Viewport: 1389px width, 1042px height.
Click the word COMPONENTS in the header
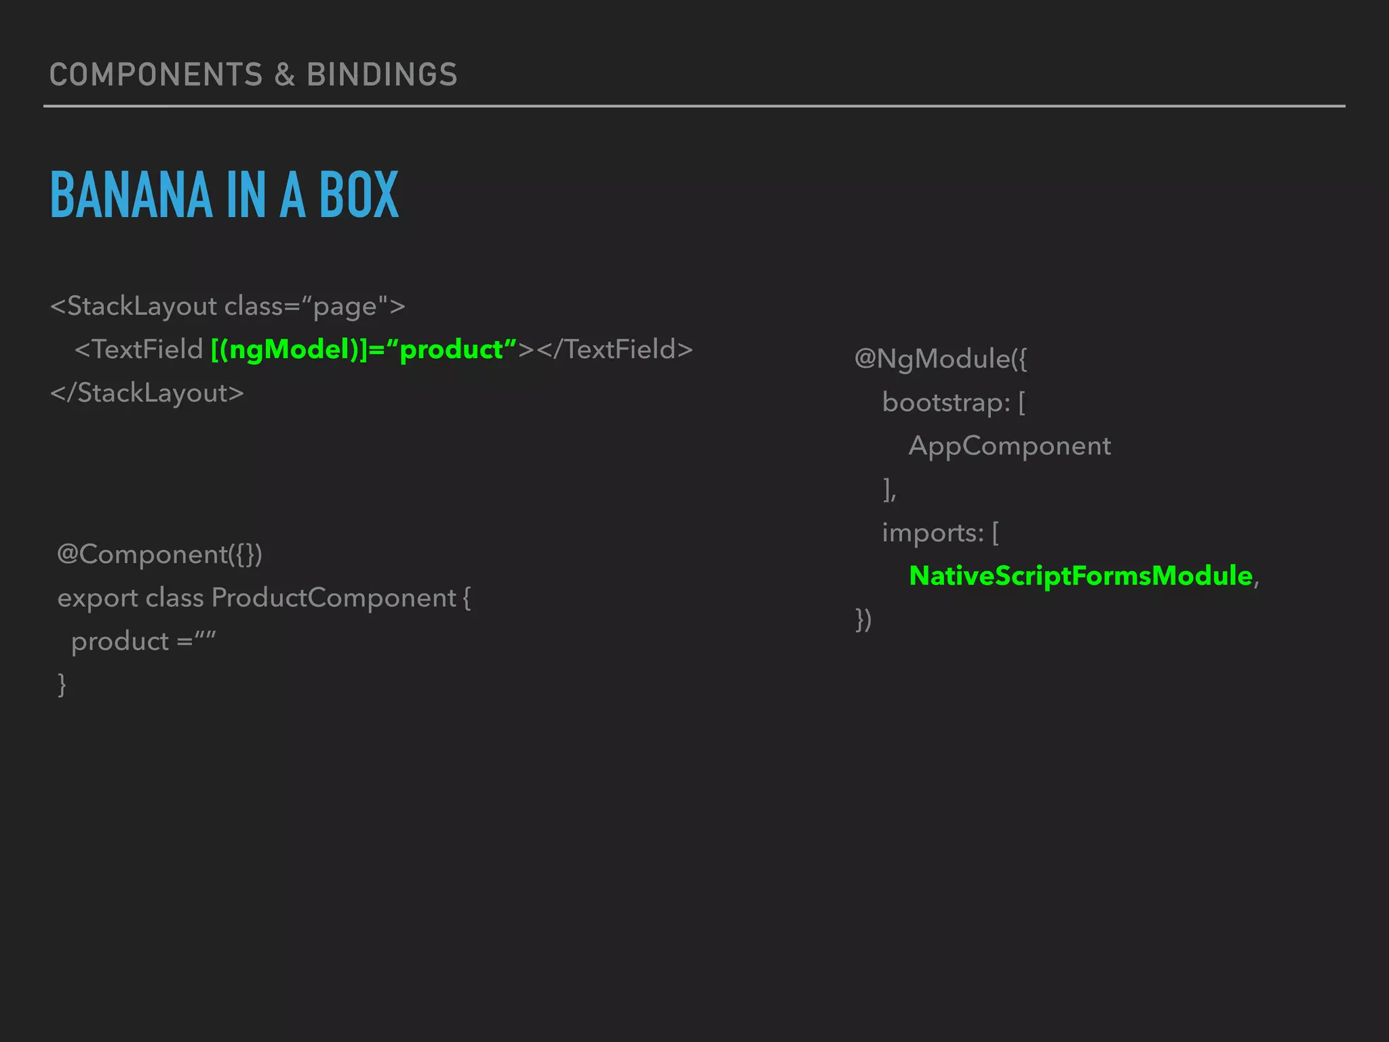[x=156, y=75]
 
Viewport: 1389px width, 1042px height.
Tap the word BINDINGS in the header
[x=382, y=75]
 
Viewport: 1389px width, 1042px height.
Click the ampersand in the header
[x=285, y=75]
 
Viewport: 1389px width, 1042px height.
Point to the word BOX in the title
[x=359, y=195]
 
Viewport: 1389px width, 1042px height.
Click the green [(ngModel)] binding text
[x=288, y=350]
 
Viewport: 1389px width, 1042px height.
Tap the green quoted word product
[x=452, y=350]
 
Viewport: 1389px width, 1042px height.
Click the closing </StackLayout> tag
[x=147, y=393]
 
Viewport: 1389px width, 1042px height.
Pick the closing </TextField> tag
[x=614, y=350]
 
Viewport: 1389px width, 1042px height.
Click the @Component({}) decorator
[x=159, y=555]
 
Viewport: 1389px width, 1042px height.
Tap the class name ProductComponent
[x=334, y=598]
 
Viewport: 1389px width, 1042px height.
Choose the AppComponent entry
[x=1009, y=446]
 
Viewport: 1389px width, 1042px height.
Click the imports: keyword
[x=933, y=533]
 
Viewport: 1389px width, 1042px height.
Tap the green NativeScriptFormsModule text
[x=1080, y=576]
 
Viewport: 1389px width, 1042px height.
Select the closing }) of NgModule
[x=863, y=619]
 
